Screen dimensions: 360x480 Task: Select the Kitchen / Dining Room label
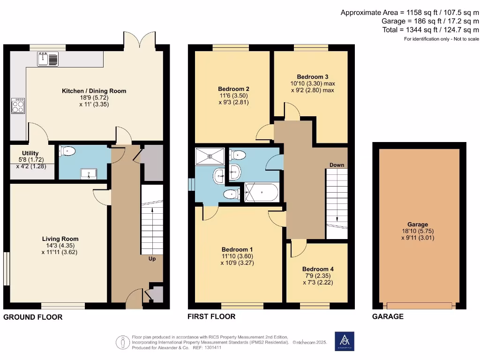pyautogui.click(x=94, y=91)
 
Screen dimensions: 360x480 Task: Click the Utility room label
pyautogui.click(x=30, y=153)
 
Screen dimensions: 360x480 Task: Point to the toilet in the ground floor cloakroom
pyautogui.click(x=68, y=151)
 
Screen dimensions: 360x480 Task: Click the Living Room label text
pyautogui.click(x=60, y=239)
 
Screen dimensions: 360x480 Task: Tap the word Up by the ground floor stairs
pyautogui.click(x=152, y=259)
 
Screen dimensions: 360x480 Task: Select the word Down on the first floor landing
pyautogui.click(x=337, y=165)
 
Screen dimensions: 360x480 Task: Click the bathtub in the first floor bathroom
pyautogui.click(x=262, y=192)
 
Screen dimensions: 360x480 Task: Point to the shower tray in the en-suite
pyautogui.click(x=210, y=156)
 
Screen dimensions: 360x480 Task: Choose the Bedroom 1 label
pyautogui.click(x=237, y=249)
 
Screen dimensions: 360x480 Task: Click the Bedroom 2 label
pyautogui.click(x=233, y=89)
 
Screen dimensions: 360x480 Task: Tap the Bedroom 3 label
pyautogui.click(x=313, y=77)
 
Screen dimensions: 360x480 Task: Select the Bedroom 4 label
pyautogui.click(x=317, y=269)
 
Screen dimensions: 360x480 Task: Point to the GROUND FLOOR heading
pyautogui.click(x=33, y=317)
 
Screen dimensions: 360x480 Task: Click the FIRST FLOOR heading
pyautogui.click(x=211, y=316)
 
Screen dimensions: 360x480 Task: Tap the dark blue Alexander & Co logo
pyautogui.click(x=345, y=341)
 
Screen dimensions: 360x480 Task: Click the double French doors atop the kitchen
pyautogui.click(x=139, y=39)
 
